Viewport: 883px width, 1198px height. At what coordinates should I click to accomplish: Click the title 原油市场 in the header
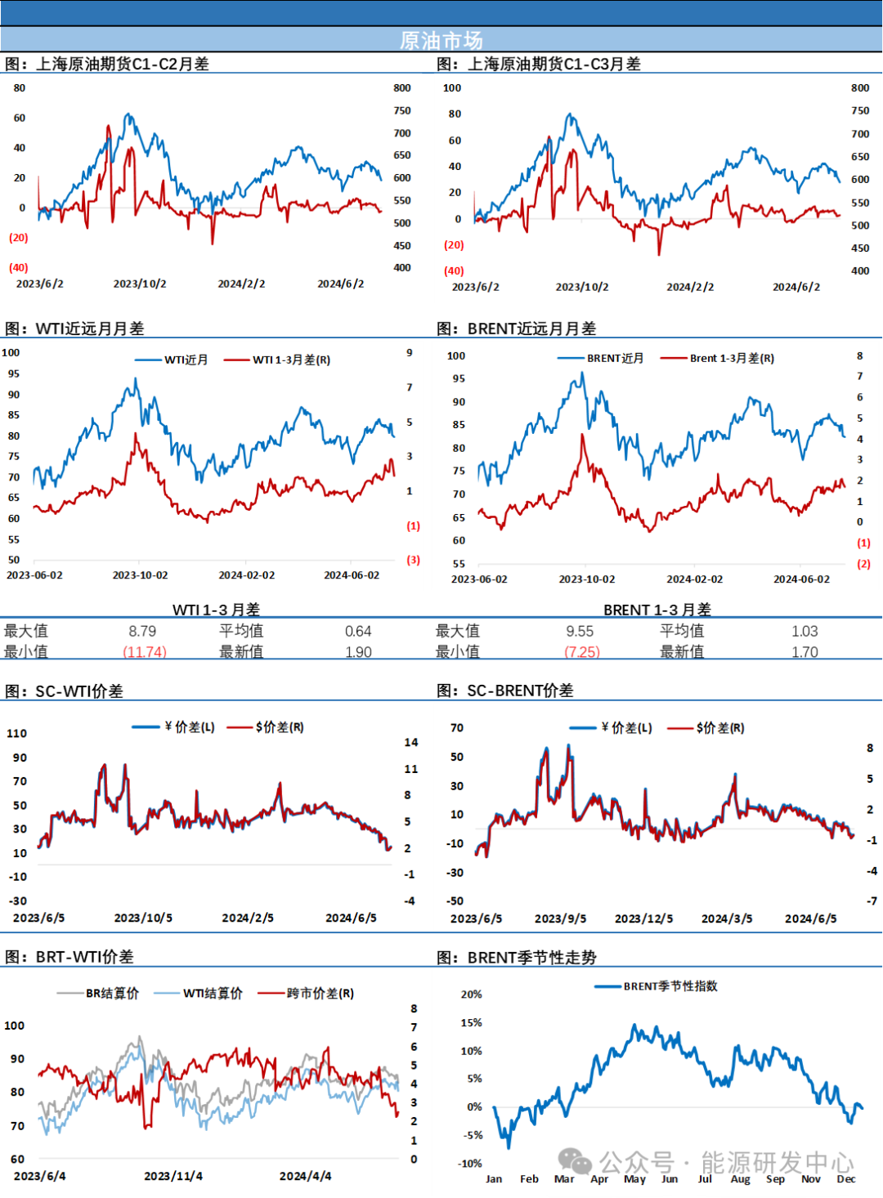441,40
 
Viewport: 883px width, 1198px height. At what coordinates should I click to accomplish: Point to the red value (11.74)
145,651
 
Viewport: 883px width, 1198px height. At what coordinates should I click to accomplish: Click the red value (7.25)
583,651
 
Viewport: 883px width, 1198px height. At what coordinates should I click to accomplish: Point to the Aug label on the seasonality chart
740,1178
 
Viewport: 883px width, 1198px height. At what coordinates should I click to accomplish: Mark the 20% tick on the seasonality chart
472,995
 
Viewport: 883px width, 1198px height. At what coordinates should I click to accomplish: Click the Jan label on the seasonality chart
494,1178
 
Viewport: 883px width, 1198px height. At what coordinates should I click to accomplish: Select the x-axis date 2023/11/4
173,1176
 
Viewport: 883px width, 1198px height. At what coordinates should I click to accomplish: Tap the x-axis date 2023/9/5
560,919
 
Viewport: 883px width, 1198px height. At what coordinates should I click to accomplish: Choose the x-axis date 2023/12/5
643,919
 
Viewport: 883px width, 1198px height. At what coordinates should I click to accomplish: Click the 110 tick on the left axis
17,733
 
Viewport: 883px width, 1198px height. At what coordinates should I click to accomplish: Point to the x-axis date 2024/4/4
305,1176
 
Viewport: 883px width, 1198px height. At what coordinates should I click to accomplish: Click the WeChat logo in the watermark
575,1161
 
